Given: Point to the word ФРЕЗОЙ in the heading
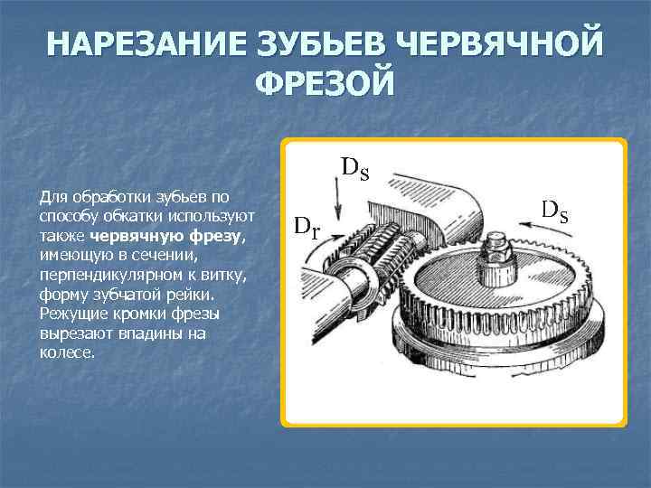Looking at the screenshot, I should pyautogui.click(x=325, y=83).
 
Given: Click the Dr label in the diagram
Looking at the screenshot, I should pyautogui.click(x=308, y=225).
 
